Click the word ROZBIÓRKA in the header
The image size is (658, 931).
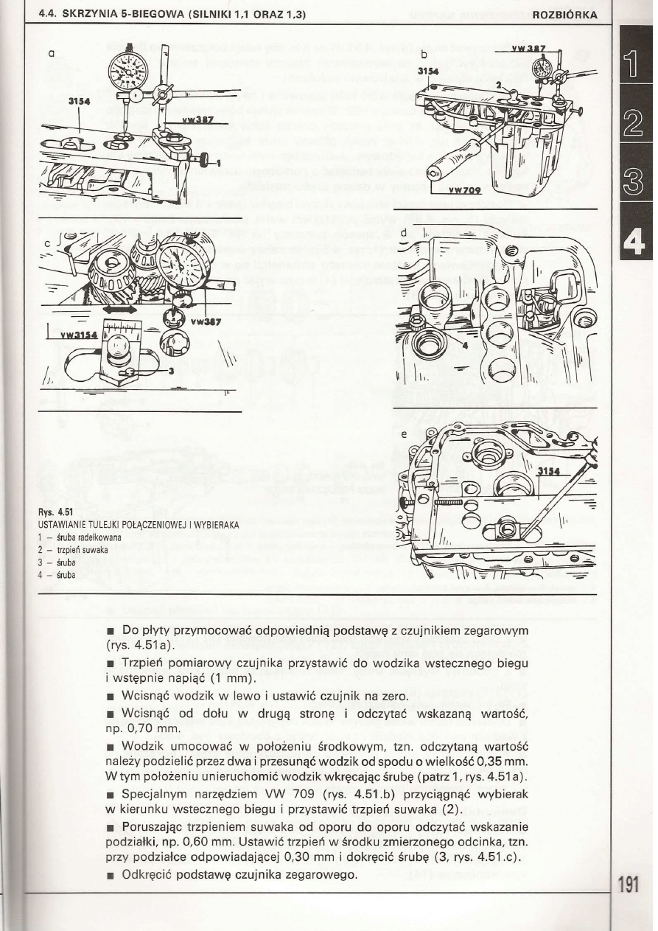[564, 15]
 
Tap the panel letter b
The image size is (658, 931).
[424, 55]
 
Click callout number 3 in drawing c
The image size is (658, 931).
[170, 372]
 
